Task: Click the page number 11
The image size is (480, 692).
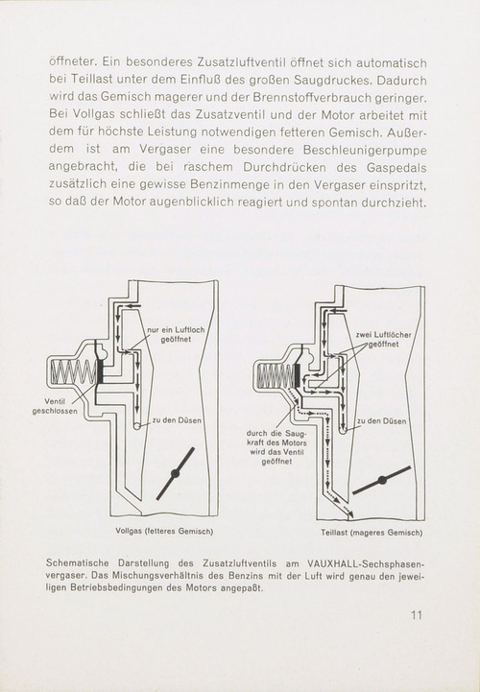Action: pos(417,615)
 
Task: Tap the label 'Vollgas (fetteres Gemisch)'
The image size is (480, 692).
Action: pos(164,532)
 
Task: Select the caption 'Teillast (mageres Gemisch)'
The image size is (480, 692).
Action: pos(372,533)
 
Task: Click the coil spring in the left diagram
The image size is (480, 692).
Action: pos(73,371)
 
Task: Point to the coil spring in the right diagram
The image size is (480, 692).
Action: pos(276,376)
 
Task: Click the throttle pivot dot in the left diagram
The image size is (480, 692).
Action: pos(175,473)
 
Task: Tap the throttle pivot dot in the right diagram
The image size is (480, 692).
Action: pos(382,480)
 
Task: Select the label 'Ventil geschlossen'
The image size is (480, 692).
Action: pos(55,406)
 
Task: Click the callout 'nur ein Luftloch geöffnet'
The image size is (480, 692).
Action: pos(176,335)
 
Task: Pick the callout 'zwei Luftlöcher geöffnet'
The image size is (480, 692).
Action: pos(383,340)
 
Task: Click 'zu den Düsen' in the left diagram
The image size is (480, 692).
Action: pos(177,420)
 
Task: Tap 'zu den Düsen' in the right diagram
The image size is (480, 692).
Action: pos(381,421)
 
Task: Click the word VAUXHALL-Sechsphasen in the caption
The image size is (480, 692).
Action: pos(365,563)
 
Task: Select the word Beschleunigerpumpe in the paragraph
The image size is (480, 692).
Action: pos(365,151)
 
